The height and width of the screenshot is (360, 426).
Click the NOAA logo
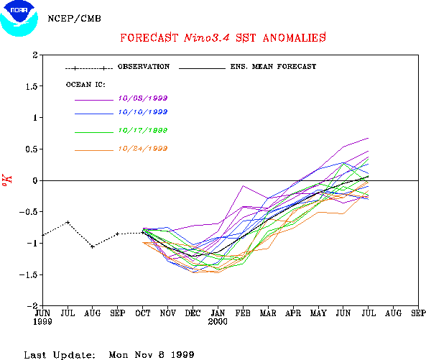(19, 19)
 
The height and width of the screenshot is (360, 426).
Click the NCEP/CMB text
(75, 19)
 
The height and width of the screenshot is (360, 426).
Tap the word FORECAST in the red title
(149, 38)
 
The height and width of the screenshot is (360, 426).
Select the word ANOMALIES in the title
(295, 38)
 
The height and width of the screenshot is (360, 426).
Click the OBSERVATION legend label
(144, 67)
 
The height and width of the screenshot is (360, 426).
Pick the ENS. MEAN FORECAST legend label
(273, 67)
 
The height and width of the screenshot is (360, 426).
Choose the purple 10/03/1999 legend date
(143, 98)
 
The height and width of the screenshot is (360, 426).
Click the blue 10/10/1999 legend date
(143, 112)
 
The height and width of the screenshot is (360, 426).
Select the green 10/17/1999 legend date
(143, 130)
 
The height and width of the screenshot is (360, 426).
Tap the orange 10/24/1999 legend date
(143, 149)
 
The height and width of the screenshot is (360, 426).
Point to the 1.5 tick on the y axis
(32, 86)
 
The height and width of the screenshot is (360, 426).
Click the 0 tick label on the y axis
(34, 180)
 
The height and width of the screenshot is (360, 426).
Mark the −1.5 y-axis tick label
(28, 274)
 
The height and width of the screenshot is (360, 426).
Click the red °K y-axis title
(7, 180)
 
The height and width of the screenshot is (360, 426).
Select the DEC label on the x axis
(193, 313)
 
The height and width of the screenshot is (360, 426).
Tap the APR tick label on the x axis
(293, 313)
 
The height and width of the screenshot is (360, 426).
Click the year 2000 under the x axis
(218, 322)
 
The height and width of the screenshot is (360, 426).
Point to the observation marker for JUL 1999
(68, 222)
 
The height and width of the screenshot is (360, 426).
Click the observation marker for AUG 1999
(93, 246)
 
